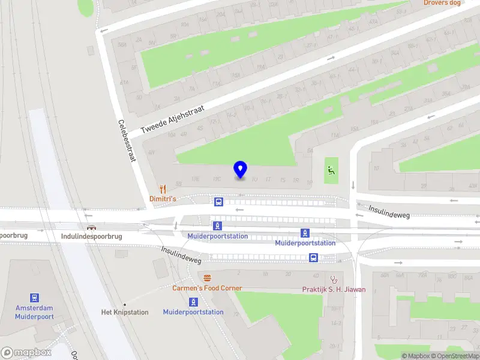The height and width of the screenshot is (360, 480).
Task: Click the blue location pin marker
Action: [240, 170]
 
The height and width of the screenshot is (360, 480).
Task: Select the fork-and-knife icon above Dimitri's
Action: [161, 188]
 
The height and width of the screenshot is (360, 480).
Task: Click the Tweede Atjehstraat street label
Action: [172, 119]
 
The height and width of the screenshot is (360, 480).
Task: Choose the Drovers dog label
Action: [442, 3]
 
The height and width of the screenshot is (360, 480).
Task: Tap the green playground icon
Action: [331, 170]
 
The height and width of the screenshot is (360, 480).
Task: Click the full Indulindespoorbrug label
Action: [91, 236]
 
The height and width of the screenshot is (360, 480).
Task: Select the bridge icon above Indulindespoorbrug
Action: [91, 227]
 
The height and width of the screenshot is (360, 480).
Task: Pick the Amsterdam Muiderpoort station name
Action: [34, 312]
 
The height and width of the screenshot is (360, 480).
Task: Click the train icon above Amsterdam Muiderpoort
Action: [35, 298]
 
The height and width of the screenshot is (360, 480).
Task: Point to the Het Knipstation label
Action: [125, 312]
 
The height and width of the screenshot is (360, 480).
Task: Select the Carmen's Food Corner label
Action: [208, 288]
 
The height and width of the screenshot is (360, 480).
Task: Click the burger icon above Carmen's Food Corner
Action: [208, 278]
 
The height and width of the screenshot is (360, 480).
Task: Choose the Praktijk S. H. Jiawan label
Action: [334, 289]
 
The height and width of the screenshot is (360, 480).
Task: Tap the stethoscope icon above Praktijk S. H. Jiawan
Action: [334, 279]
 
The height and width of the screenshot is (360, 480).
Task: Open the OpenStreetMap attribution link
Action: [455, 356]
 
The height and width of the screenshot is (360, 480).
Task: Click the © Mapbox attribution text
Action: [416, 356]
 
